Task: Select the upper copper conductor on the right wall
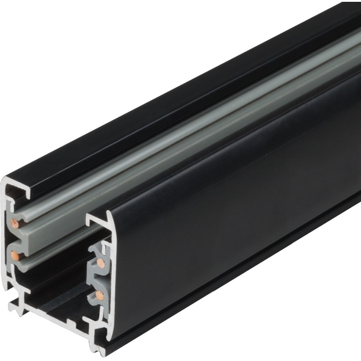pos(100,264)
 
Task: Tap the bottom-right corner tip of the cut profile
pos(99,347)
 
